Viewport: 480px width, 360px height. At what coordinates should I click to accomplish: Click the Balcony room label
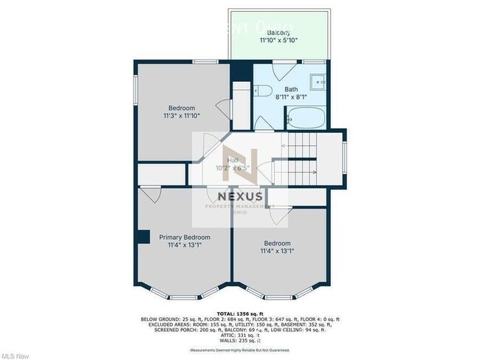(x=278, y=33)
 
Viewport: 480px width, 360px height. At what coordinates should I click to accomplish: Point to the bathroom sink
(x=318, y=81)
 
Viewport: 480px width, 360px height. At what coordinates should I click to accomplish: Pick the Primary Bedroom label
(x=185, y=238)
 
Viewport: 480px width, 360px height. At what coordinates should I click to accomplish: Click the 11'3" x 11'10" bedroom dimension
(x=182, y=116)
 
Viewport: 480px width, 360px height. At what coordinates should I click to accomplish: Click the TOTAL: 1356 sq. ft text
(x=240, y=313)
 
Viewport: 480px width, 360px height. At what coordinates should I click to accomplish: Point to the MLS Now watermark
(x=16, y=355)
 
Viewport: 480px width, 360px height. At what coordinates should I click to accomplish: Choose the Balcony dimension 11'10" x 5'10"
(x=278, y=41)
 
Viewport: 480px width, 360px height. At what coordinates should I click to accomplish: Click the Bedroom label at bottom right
(x=278, y=243)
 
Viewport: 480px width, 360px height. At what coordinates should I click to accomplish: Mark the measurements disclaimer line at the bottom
(x=240, y=350)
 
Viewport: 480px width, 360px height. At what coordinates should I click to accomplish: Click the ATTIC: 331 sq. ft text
(x=240, y=336)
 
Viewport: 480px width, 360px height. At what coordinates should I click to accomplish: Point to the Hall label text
(x=233, y=159)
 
